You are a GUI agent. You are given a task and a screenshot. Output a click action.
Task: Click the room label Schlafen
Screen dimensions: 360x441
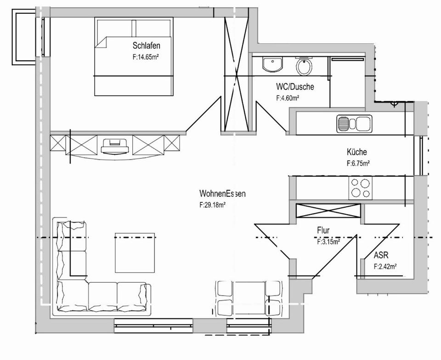146,46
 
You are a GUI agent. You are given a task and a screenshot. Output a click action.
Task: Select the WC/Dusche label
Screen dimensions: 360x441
295,86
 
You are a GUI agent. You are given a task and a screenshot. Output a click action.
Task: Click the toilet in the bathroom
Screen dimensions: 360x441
305,67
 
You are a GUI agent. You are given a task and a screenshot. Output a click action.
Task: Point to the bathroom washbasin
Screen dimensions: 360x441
273,64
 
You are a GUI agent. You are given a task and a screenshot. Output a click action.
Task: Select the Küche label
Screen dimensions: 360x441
357,152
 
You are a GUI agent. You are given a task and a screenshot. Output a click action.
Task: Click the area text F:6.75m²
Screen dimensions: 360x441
358,163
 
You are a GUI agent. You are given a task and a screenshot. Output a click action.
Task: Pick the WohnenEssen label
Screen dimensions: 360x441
222,194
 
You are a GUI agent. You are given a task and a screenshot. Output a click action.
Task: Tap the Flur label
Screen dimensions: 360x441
323,230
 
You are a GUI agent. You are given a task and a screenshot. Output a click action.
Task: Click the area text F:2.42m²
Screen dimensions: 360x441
385,266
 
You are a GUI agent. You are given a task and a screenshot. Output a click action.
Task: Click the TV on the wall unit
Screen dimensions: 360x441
114,146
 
